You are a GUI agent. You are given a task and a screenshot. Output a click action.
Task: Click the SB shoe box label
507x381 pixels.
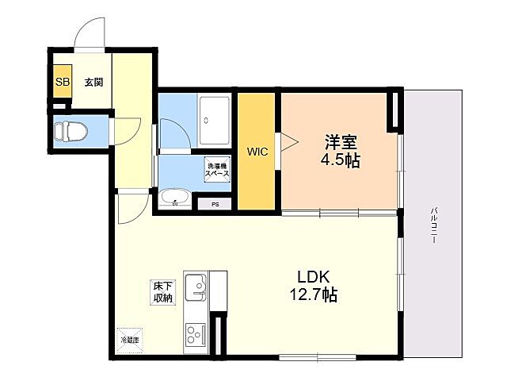pos(61,82)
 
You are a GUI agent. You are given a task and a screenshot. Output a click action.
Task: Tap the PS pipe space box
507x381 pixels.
pos(215,204)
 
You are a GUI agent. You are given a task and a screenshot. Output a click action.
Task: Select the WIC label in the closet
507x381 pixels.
pos(257,152)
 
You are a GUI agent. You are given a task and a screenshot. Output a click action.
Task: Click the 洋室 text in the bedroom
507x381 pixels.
pos(341,143)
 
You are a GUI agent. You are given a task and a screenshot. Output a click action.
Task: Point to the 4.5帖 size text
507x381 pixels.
pos(341,161)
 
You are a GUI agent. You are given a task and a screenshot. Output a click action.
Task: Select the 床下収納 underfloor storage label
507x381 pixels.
pos(163,291)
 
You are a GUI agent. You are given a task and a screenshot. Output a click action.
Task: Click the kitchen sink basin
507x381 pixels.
pos(195,287)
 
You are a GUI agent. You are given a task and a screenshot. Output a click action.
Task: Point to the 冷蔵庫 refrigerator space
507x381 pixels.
pos(129,339)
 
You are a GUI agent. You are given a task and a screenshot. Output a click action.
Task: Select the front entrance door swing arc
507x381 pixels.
pos(90,35)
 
